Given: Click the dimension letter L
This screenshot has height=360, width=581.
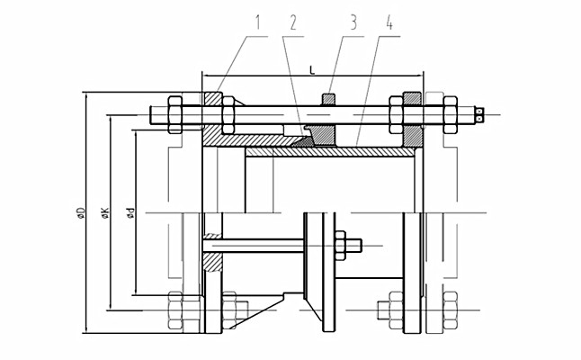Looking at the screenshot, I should click(311, 67).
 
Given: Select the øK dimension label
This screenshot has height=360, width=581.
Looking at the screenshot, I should click(105, 212).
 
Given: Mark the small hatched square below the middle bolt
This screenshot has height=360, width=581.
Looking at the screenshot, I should click(211, 262).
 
